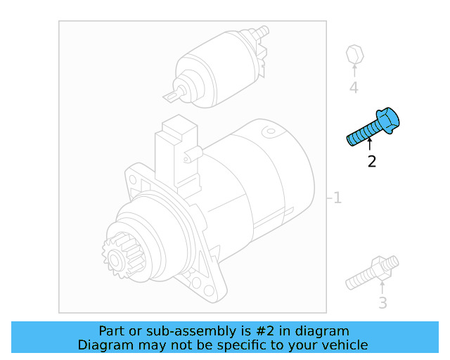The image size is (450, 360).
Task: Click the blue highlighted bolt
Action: [x=373, y=128]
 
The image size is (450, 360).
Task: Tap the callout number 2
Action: [x=371, y=162]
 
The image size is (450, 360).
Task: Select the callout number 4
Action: [x=354, y=88]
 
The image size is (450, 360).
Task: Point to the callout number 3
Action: [x=382, y=303]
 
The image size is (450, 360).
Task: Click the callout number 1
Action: [x=337, y=198]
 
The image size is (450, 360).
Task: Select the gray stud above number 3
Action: [x=373, y=275]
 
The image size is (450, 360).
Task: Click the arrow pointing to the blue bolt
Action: [x=370, y=145]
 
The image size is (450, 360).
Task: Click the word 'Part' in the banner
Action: [x=112, y=331]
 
